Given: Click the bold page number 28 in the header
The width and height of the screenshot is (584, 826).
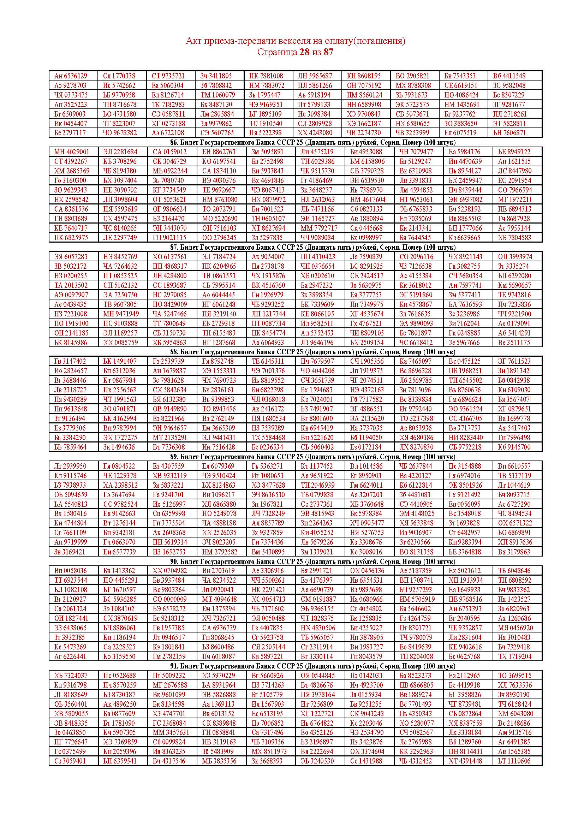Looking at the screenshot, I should pyautogui.click(x=304, y=52).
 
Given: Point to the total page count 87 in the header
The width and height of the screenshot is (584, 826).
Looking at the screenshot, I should pyautogui.click(x=328, y=52).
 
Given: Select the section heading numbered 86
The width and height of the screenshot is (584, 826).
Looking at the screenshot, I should pyautogui.click(x=312, y=142).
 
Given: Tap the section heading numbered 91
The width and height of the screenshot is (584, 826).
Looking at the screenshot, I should pyautogui.click(x=312, y=666).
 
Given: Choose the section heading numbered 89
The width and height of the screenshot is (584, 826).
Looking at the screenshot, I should pyautogui.click(x=312, y=457).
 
